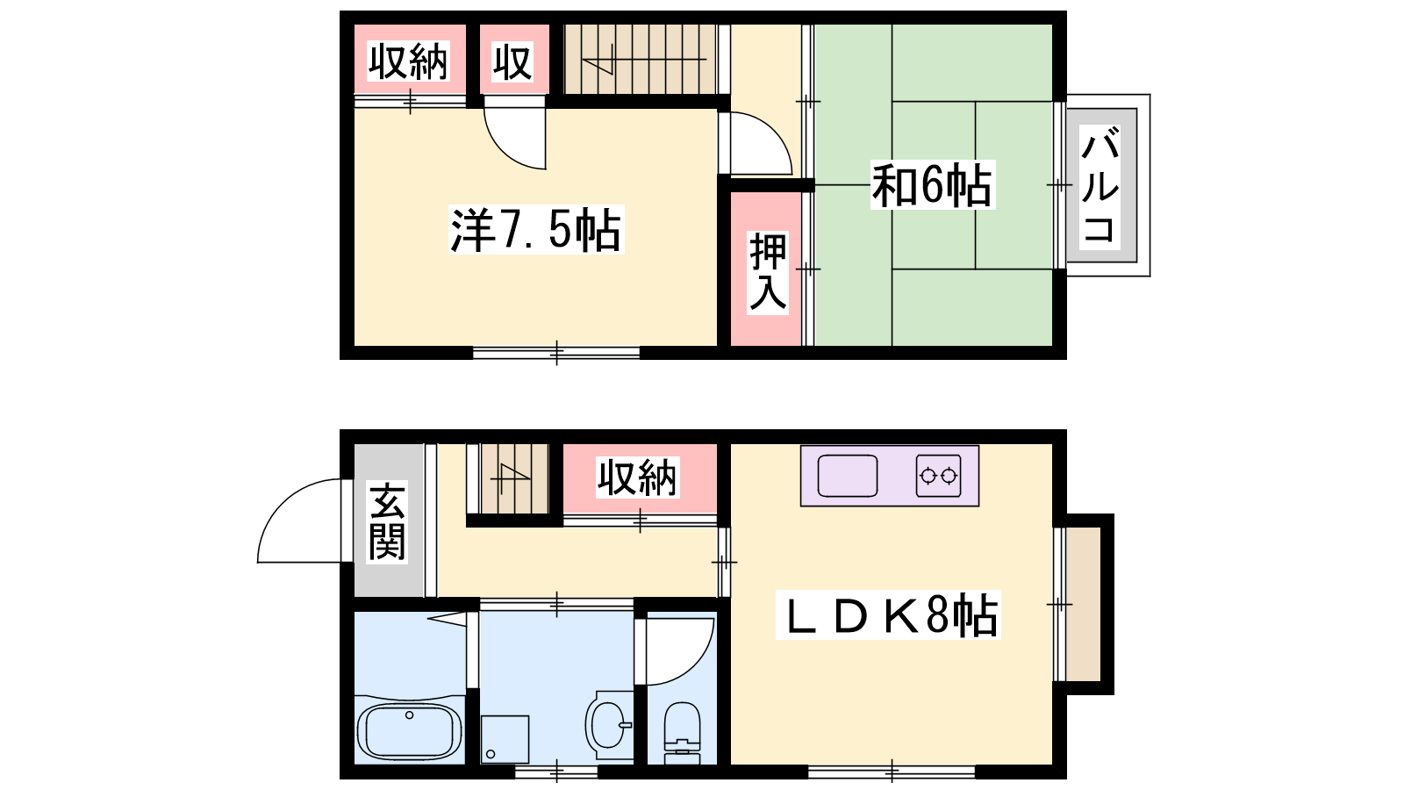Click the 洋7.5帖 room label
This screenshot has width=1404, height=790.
[536, 229]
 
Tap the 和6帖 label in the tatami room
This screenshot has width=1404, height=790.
[932, 185]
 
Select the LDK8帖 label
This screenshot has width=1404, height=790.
[887, 615]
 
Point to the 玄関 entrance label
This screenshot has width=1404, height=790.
[387, 521]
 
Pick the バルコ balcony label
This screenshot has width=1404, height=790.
[1100, 185]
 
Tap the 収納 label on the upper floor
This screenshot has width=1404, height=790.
[408, 61]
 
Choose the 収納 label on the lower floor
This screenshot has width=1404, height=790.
[637, 478]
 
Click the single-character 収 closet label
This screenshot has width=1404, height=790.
[512, 61]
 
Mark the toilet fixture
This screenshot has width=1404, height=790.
[681, 732]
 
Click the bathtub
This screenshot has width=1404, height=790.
[410, 732]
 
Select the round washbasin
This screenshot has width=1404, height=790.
[608, 724]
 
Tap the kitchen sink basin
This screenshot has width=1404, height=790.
[848, 476]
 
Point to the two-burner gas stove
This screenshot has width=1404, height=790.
[938, 476]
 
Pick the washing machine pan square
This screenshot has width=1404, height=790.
[505, 740]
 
